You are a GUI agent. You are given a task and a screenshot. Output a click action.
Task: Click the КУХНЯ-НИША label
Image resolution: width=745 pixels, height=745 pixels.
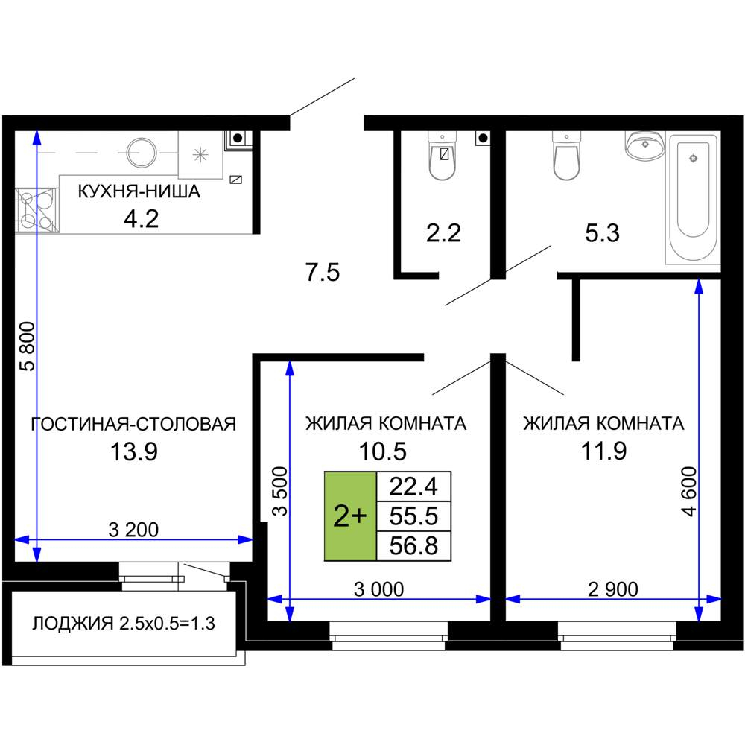[139, 191]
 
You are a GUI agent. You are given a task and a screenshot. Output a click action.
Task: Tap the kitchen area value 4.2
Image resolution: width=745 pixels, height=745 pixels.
[141, 219]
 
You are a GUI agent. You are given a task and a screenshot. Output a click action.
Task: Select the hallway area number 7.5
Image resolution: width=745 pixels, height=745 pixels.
[323, 273]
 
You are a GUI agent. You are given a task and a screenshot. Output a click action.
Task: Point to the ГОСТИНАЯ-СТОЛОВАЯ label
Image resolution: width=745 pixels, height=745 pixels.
[133, 423]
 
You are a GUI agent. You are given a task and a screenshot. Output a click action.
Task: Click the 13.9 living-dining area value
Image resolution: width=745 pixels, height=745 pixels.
[134, 451]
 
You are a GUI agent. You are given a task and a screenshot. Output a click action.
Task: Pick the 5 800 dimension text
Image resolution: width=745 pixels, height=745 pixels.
[28, 346]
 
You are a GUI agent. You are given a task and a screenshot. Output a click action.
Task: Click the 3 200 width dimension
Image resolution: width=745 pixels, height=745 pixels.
[133, 529]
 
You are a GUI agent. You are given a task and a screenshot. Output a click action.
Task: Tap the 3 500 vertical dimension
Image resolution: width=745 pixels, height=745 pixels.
[280, 491]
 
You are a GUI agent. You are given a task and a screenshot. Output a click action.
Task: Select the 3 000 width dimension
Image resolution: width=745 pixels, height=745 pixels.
[378, 589]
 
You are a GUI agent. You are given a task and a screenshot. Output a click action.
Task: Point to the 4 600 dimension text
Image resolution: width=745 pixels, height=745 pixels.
[688, 492]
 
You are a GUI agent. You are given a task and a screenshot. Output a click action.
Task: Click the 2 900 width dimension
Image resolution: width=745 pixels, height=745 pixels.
[613, 589]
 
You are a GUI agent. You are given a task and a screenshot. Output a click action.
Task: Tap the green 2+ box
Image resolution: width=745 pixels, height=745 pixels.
[350, 516]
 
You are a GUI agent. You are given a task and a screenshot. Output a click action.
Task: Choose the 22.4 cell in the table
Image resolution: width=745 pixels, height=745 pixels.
[413, 486]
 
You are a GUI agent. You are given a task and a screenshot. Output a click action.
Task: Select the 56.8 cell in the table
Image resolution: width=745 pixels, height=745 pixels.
[413, 546]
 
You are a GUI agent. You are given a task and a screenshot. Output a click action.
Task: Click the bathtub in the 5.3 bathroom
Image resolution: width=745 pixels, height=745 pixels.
[693, 200]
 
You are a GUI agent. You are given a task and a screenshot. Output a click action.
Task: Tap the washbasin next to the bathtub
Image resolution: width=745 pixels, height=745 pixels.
[644, 145]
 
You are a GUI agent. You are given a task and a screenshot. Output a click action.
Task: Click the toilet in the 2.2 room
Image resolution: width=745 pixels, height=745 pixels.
[443, 156]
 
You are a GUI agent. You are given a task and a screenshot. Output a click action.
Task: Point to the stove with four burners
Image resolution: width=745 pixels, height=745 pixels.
[37, 211]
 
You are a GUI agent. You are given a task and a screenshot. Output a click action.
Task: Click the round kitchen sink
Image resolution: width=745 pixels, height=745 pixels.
[142, 153]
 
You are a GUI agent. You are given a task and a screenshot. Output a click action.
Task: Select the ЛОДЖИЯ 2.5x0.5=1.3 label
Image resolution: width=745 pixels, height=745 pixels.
[124, 623]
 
